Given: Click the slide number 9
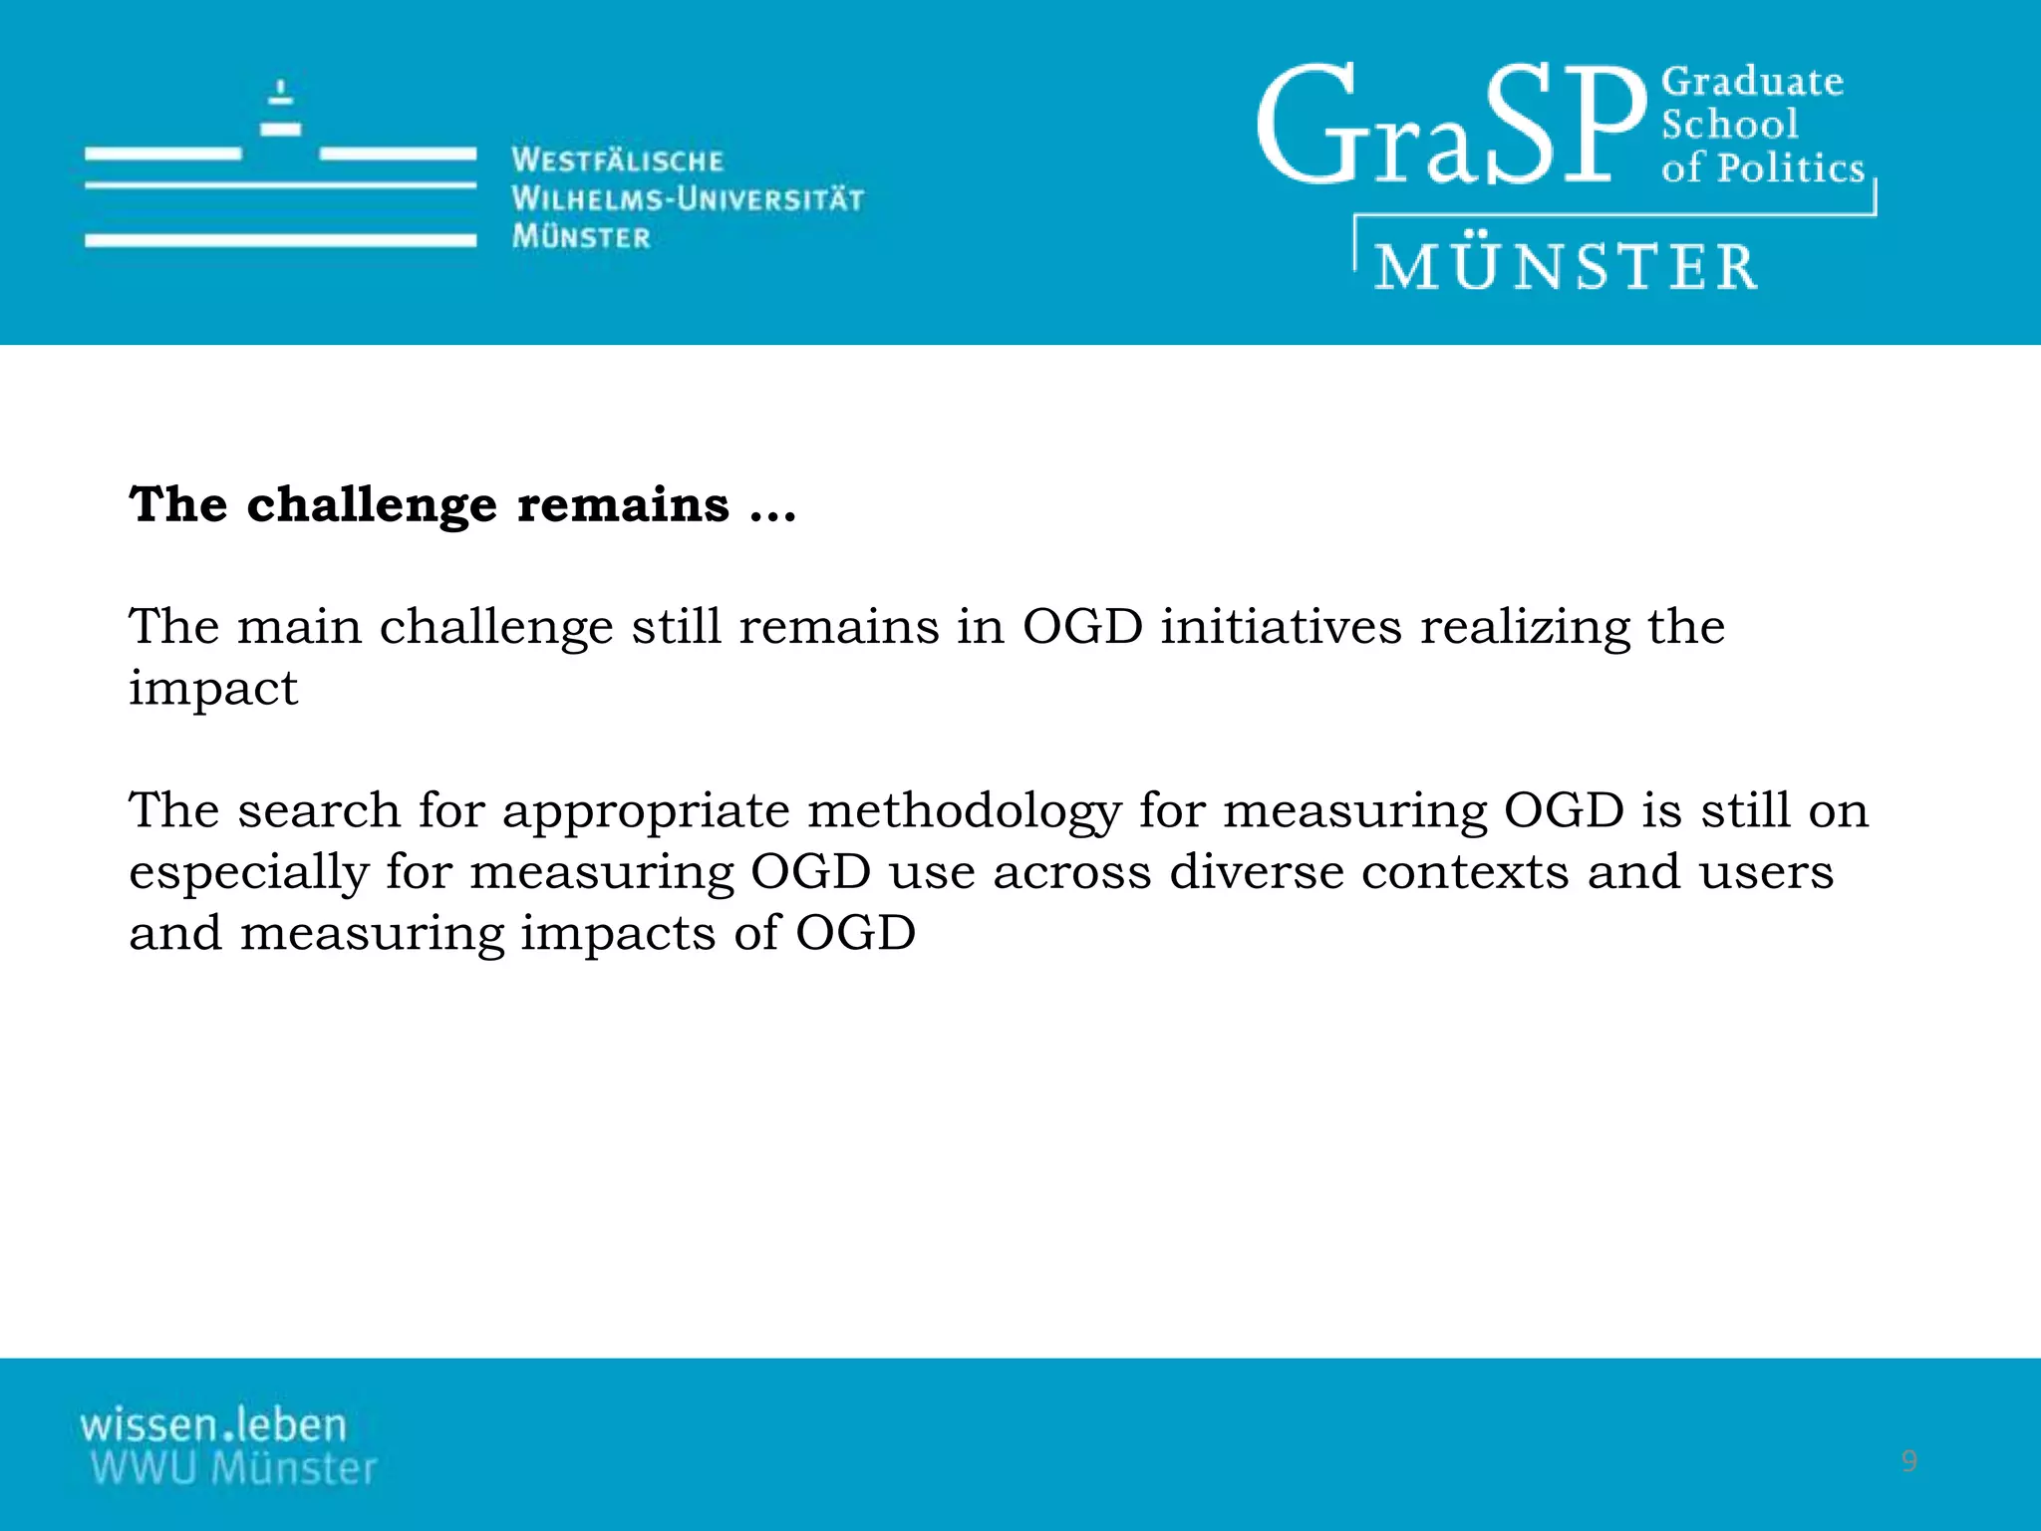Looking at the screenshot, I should click(1908, 1461).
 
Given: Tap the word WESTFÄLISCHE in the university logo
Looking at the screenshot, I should click(617, 160).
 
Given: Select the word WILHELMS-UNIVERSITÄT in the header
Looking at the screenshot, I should click(688, 198).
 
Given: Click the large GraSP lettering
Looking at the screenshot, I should click(1450, 127).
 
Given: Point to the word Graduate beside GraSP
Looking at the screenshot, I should click(1752, 82).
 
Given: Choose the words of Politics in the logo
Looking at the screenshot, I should click(1762, 167).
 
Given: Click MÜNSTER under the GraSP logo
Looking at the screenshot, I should click(1567, 267).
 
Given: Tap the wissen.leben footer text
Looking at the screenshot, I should click(213, 1424).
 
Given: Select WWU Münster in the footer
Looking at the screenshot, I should click(233, 1469).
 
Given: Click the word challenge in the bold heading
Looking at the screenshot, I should click(371, 505).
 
